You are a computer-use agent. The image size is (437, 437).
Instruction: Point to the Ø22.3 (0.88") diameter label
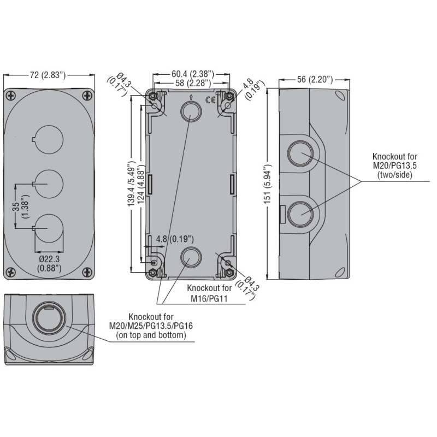49,263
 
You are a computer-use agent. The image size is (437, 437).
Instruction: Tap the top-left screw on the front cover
11,95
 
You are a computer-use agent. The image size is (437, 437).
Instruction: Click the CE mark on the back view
209,99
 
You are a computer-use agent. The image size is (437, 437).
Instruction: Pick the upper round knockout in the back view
190,112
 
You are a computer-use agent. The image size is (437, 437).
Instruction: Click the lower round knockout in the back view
190,256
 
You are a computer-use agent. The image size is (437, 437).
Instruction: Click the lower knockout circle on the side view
299,213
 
